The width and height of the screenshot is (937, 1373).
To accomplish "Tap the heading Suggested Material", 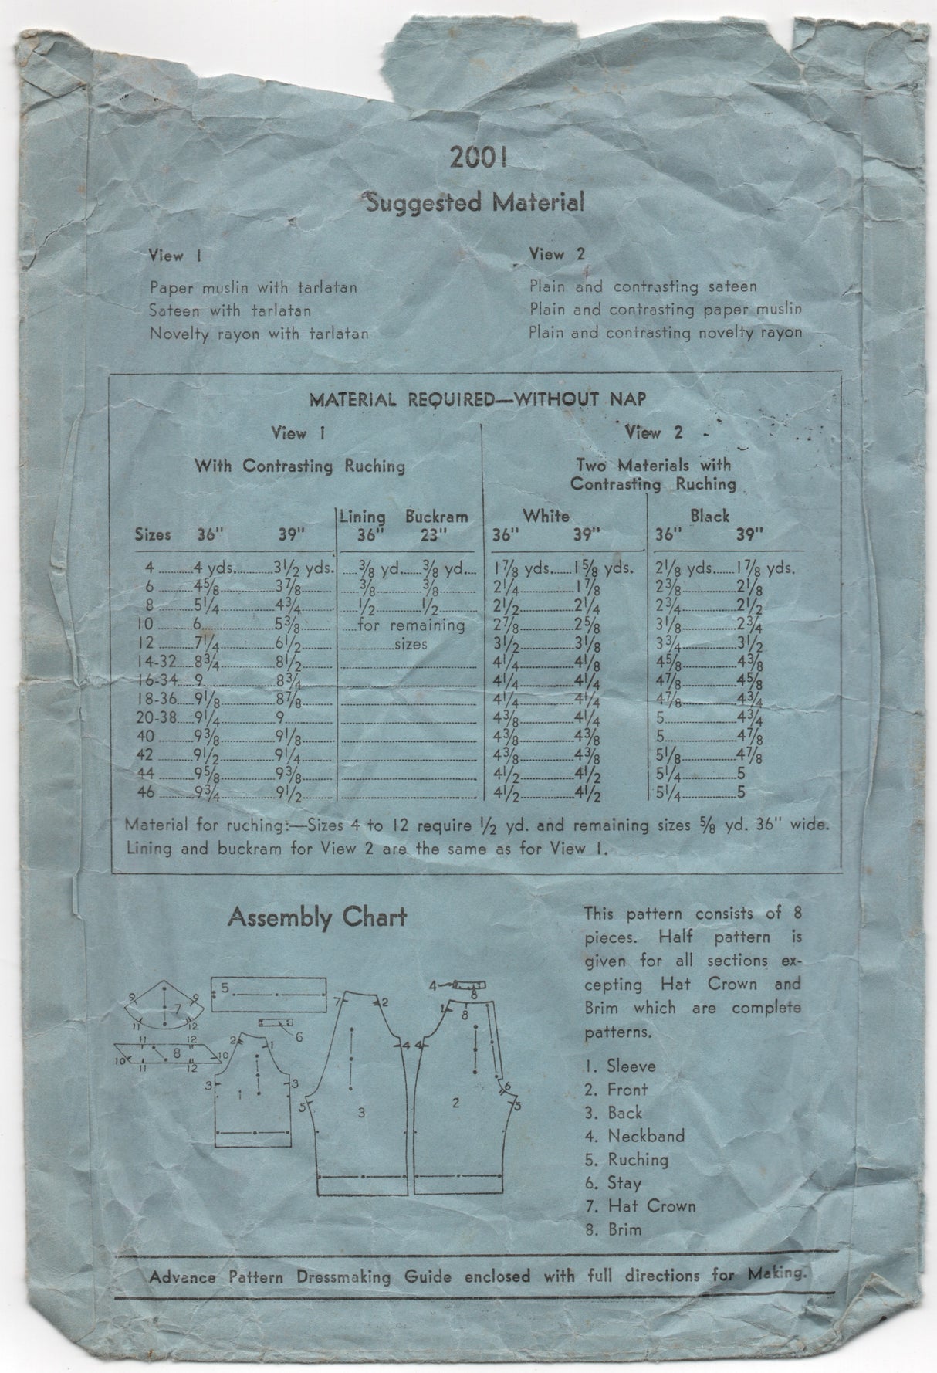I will click(474, 203).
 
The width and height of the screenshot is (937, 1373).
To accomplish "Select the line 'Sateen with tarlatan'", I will click(231, 310).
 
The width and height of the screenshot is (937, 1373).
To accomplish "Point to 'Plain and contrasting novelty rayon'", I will click(665, 333).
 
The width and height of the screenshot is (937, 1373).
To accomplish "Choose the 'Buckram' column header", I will click(437, 517).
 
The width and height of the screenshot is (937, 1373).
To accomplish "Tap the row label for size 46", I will click(147, 793).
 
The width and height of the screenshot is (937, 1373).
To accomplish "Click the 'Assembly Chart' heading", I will click(317, 918).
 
